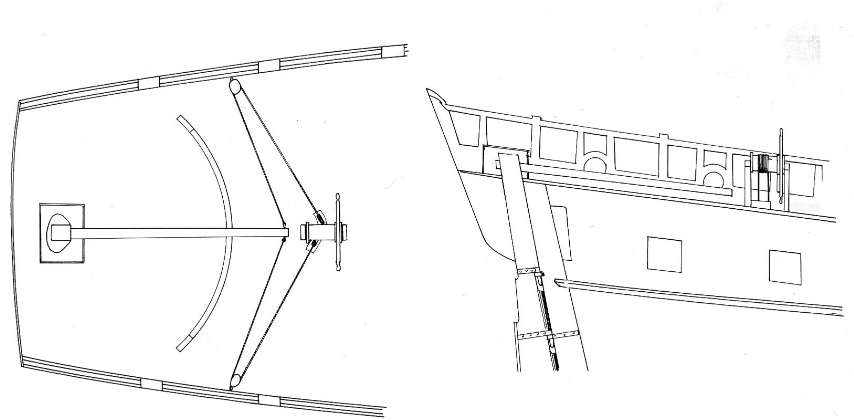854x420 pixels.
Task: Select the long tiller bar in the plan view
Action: point(180,233)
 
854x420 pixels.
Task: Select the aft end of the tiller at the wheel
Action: point(285,233)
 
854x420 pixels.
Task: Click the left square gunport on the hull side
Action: point(664,254)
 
